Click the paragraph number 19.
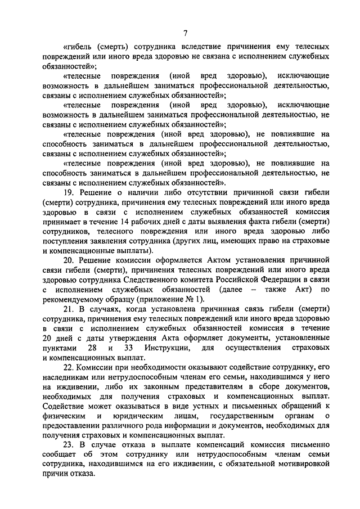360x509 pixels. [69, 193]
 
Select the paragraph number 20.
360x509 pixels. [69, 260]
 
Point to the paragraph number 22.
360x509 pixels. [69, 366]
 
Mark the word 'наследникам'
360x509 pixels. [67, 376]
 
